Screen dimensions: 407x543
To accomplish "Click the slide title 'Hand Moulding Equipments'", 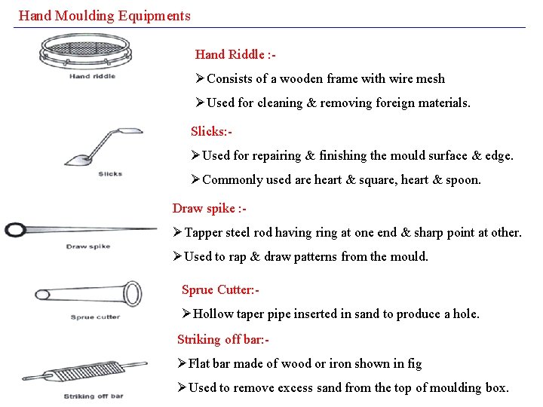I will pyautogui.click(x=104, y=15).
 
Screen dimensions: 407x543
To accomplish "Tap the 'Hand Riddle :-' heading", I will pyautogui.click(x=235, y=54).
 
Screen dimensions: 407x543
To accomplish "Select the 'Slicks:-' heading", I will pyautogui.click(x=211, y=131).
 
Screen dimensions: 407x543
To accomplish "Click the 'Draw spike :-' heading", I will pyautogui.click(x=210, y=208).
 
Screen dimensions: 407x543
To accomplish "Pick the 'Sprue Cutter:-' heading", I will pyautogui.click(x=220, y=289).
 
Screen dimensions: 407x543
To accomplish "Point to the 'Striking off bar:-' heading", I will pyautogui.click(x=223, y=339).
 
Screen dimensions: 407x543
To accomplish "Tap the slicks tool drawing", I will pyautogui.click(x=106, y=147).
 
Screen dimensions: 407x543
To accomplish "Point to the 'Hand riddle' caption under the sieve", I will pyautogui.click(x=92, y=76).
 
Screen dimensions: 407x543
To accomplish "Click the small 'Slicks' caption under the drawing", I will pyautogui.click(x=110, y=174).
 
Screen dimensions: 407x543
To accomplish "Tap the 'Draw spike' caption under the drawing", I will pyautogui.click(x=88, y=246).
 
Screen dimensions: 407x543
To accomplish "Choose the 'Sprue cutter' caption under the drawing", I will pyautogui.click(x=95, y=317).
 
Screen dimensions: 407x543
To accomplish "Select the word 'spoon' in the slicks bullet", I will pyautogui.click(x=462, y=179).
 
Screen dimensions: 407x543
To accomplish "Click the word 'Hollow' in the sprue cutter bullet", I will pyautogui.click(x=213, y=314).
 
